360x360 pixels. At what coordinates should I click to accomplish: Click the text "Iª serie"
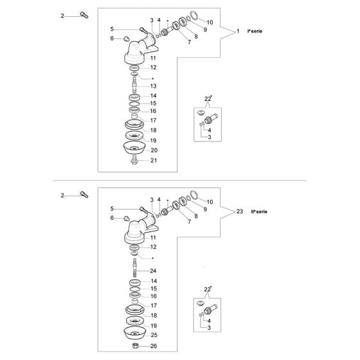[x=255, y=32]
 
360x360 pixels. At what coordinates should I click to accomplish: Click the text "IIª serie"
[x=259, y=212]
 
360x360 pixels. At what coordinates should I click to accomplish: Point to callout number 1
[x=238, y=32]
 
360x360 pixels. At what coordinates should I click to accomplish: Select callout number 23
[x=239, y=212]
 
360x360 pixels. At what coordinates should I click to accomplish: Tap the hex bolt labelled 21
[x=134, y=160]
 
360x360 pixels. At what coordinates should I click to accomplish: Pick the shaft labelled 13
[x=134, y=85]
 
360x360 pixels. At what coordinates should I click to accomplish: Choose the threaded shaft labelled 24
[x=134, y=267]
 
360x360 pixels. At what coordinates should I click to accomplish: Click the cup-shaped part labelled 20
[x=134, y=148]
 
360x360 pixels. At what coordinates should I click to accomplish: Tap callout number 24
[x=153, y=271]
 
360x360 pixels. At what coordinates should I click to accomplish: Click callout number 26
[x=154, y=346]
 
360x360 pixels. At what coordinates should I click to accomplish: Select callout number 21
[x=154, y=161]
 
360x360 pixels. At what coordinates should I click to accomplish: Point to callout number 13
[x=153, y=86]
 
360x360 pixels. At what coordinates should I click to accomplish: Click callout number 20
[x=154, y=150]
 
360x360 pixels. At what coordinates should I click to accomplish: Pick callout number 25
[x=154, y=335]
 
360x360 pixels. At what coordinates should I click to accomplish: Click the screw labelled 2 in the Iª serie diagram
[x=84, y=15]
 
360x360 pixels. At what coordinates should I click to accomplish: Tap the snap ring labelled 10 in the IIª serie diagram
[x=194, y=195]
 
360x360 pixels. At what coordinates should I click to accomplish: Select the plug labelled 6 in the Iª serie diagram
[x=126, y=39]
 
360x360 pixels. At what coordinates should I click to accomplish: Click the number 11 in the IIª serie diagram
[x=153, y=238]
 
